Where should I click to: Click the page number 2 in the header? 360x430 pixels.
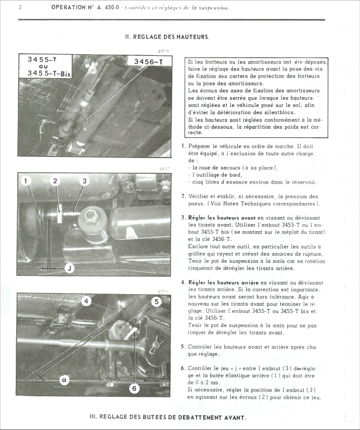(20, 8)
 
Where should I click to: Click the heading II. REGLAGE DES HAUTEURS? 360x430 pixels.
(167, 37)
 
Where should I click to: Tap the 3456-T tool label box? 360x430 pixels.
(148, 62)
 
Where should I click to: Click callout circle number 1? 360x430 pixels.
(27, 180)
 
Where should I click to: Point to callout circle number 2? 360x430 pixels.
(55, 180)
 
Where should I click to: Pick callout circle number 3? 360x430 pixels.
(84, 180)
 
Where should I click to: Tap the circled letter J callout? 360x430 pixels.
(70, 268)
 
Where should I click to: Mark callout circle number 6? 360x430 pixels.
(134, 388)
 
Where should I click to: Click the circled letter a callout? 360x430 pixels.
(64, 381)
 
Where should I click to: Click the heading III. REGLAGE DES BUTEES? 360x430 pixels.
(168, 418)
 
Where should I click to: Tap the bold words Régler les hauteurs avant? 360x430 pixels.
(222, 218)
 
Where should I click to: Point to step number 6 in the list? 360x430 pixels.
(183, 368)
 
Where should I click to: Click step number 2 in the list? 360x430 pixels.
(183, 196)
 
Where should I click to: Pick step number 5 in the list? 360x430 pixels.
(183, 346)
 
